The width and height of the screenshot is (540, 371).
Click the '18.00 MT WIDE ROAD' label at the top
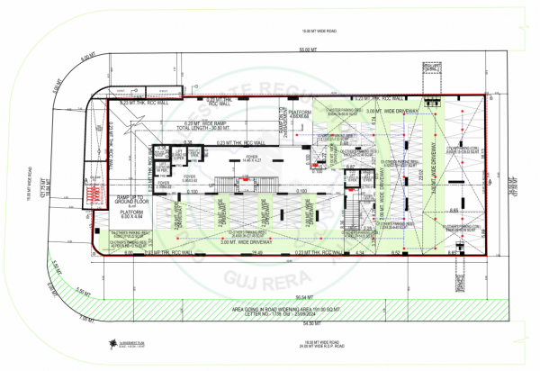click(298, 28)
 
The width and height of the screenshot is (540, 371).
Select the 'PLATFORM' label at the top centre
click(299, 112)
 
